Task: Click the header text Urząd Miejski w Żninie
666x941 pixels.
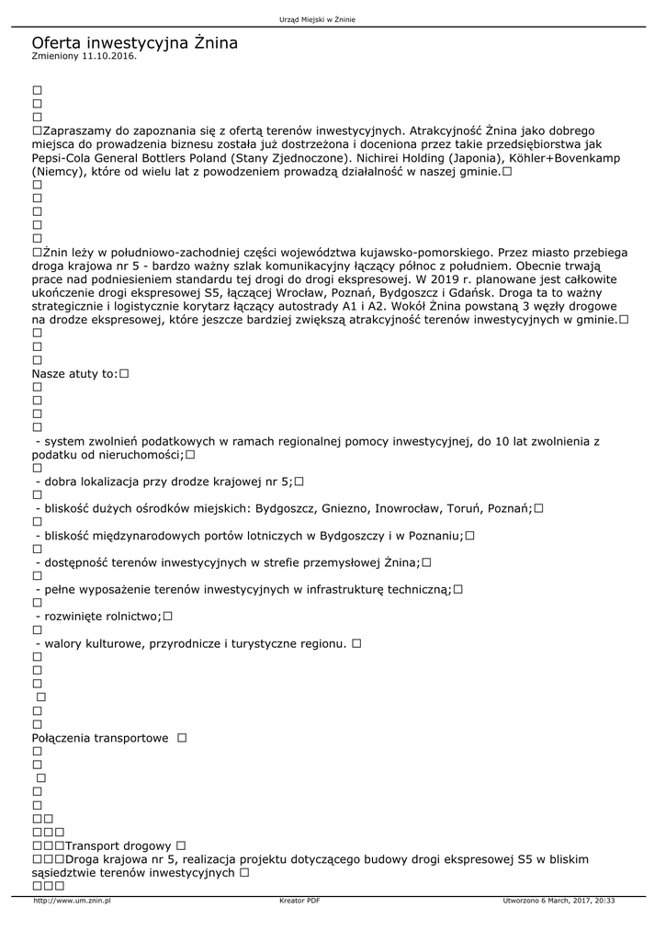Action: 317,19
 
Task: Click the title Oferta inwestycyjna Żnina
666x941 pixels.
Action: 134,43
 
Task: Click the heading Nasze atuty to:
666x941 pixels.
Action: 74,374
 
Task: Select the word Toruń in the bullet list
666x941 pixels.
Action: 464,508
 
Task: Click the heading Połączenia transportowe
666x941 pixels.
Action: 100,738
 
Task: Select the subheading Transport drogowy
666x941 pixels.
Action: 119,845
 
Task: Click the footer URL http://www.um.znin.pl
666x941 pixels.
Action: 72,901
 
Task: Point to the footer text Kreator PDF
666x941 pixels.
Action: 299,901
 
